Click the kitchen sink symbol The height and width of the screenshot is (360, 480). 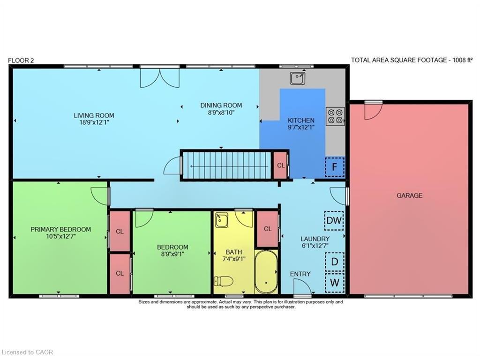(x=297, y=78)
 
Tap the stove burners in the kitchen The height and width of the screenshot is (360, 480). (x=335, y=116)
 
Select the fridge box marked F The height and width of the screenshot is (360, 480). (x=335, y=166)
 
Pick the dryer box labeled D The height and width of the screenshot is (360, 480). (x=335, y=262)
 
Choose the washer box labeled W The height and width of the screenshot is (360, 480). (x=335, y=282)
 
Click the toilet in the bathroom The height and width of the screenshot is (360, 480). (x=223, y=281)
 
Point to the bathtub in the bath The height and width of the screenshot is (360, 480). (x=266, y=272)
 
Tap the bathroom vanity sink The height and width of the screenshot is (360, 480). (x=221, y=219)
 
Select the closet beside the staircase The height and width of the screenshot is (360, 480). (x=280, y=165)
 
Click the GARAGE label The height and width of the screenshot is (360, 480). (x=409, y=195)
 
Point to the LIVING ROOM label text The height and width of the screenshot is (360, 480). (x=94, y=115)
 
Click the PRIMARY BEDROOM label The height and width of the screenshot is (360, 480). (x=60, y=229)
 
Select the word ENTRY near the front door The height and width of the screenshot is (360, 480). (x=300, y=274)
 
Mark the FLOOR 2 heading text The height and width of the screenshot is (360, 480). (x=21, y=60)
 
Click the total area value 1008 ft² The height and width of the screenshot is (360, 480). (x=458, y=60)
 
